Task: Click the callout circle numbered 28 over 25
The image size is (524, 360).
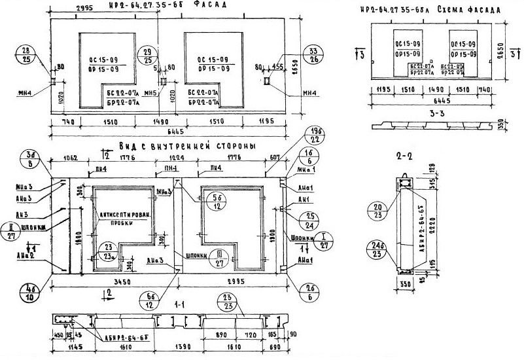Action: point(26,56)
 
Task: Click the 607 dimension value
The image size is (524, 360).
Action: point(274,157)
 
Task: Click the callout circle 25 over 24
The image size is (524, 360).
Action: point(309,221)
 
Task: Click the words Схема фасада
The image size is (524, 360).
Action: point(469,11)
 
